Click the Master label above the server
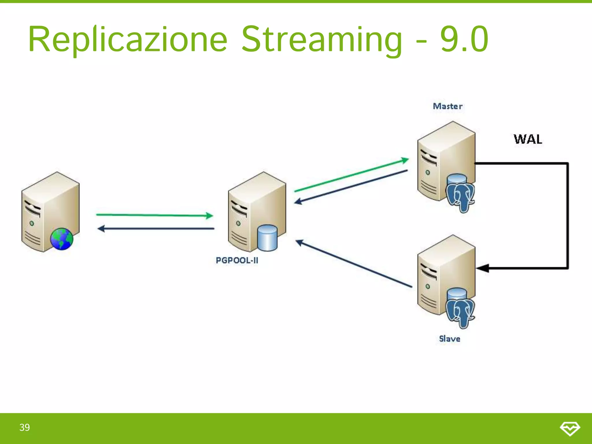point(447,106)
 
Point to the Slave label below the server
point(449,339)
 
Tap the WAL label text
point(528,139)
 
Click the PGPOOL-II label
point(237,260)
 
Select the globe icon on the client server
point(62,239)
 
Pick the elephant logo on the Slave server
point(460,313)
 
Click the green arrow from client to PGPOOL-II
point(154,215)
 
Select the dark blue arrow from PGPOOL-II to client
point(156,229)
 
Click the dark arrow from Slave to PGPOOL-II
point(354,264)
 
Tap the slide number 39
point(25,428)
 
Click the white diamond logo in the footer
point(570,428)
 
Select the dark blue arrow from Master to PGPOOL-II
point(351,186)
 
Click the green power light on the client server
point(32,223)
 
